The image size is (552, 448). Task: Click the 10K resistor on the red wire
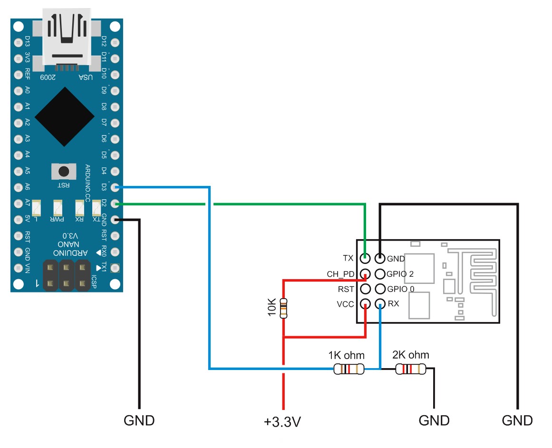tap(284, 308)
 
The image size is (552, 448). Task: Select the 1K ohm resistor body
tap(349, 369)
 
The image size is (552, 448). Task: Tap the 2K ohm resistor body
tap(411, 369)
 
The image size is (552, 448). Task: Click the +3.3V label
tap(283, 422)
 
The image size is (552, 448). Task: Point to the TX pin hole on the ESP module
tap(365, 259)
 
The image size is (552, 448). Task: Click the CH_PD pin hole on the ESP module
tap(365, 274)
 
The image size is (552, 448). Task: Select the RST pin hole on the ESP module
tap(365, 289)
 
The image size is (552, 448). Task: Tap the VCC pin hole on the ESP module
tap(365, 304)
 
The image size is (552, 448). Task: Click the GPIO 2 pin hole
tap(380, 274)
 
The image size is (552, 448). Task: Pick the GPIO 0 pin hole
tap(380, 289)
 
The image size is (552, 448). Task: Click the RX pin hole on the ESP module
tap(380, 304)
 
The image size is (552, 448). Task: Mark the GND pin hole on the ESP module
tap(380, 259)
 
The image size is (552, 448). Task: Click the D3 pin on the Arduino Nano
tap(115, 187)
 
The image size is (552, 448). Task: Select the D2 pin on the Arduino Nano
tap(115, 204)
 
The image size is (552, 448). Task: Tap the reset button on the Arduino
tap(63, 171)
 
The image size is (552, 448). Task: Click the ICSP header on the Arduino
tap(67, 275)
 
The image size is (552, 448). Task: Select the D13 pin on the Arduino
tap(18, 41)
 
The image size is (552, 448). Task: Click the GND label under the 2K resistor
tap(434, 420)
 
